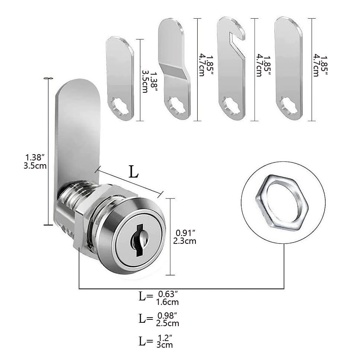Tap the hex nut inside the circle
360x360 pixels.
[x=282, y=202]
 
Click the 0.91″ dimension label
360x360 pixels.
[x=185, y=233]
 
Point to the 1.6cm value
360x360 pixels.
[x=168, y=302]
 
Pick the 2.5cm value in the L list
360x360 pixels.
[x=168, y=323]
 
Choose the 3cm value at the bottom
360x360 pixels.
[x=165, y=345]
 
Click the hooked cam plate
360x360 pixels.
[x=231, y=69]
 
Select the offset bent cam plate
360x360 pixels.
[x=174, y=69]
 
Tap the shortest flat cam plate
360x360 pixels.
[x=120, y=78]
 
